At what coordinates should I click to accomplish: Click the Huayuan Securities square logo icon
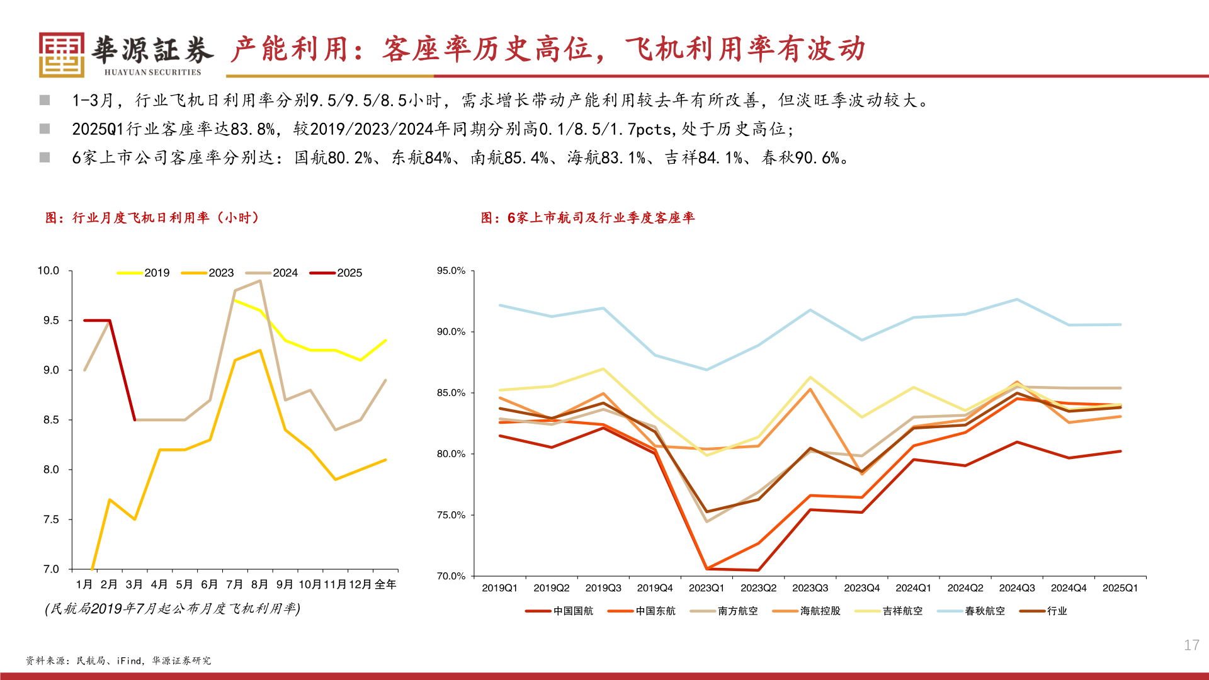point(61,55)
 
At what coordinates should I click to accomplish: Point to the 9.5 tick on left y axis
point(51,320)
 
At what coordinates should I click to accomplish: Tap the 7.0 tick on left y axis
point(51,569)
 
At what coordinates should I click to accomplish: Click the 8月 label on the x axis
point(259,584)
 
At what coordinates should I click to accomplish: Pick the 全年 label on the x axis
point(385,584)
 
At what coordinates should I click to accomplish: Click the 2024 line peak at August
point(260,281)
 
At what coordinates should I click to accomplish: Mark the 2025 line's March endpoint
point(135,420)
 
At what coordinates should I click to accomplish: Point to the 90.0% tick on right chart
point(451,332)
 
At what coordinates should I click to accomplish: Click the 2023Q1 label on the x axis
point(707,588)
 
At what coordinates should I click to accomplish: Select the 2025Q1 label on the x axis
point(1120,588)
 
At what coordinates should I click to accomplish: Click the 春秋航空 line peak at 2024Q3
point(1016,299)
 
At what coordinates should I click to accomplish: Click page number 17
point(1191,645)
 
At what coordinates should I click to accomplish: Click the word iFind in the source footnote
point(129,660)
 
